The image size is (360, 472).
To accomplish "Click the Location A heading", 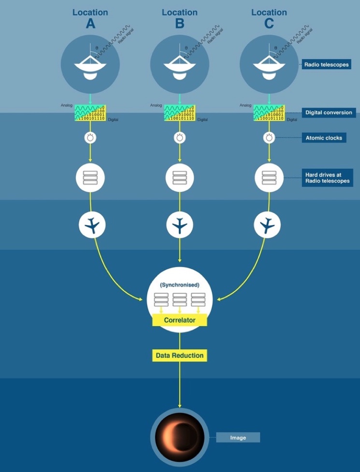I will pyautogui.click(x=90, y=18).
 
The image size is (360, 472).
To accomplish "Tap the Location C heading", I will pyautogui.click(x=269, y=18).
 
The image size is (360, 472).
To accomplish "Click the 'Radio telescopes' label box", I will pyautogui.click(x=326, y=64).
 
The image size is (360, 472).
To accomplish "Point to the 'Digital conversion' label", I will pyautogui.click(x=329, y=113).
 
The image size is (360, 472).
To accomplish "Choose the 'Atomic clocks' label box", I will pyautogui.click(x=324, y=138).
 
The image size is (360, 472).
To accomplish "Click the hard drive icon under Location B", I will pyautogui.click(x=180, y=178).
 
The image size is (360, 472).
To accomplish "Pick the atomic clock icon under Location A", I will pyautogui.click(x=90, y=138).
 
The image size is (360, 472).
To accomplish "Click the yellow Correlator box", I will pyautogui.click(x=179, y=320).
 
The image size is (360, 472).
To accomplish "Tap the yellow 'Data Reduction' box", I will pyautogui.click(x=179, y=356).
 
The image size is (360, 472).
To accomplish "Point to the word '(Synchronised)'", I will pyautogui.click(x=179, y=285).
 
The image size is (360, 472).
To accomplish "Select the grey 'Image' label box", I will pyautogui.click(x=238, y=438).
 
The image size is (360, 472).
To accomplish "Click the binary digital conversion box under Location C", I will pyautogui.click(x=269, y=113).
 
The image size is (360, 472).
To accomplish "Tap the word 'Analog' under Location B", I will pyautogui.click(x=156, y=105).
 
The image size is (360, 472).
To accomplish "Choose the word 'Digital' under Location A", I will pyautogui.click(x=113, y=119).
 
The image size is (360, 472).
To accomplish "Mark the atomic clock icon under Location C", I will pyautogui.click(x=269, y=138).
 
